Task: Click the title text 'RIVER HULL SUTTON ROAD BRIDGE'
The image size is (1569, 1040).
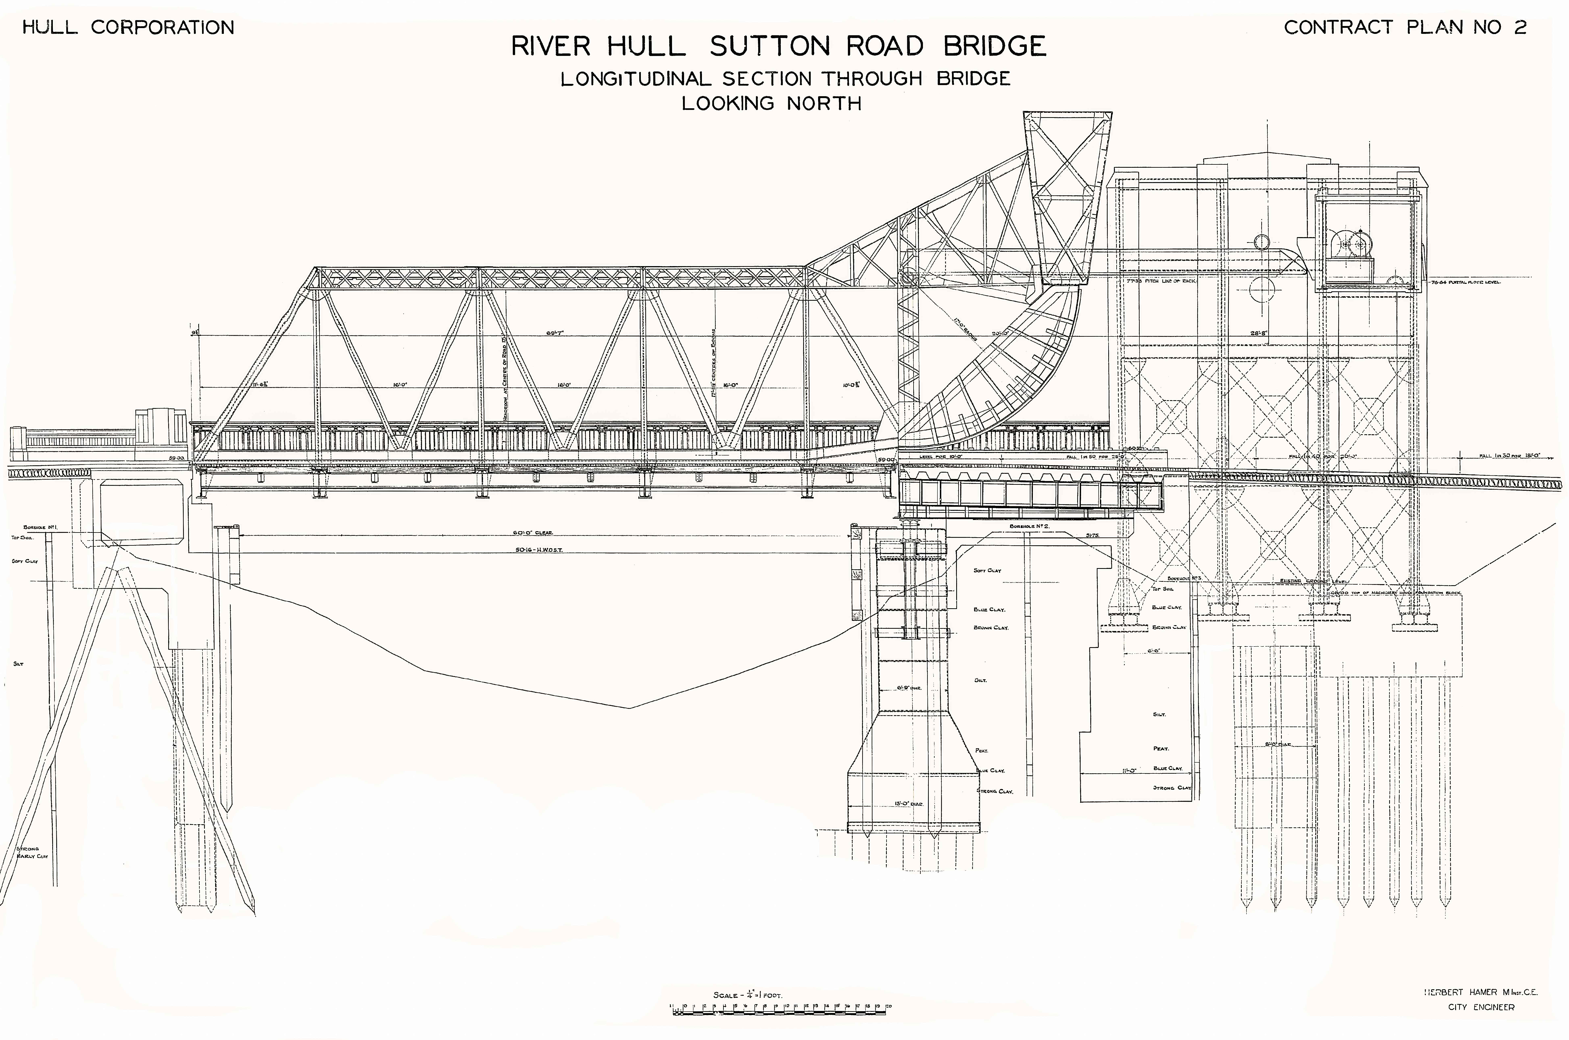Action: point(778,46)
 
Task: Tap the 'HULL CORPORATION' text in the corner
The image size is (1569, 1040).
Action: point(128,27)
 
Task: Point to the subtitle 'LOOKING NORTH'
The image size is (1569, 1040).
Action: point(771,103)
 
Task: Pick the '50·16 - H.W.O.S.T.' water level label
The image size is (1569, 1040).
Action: point(539,549)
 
